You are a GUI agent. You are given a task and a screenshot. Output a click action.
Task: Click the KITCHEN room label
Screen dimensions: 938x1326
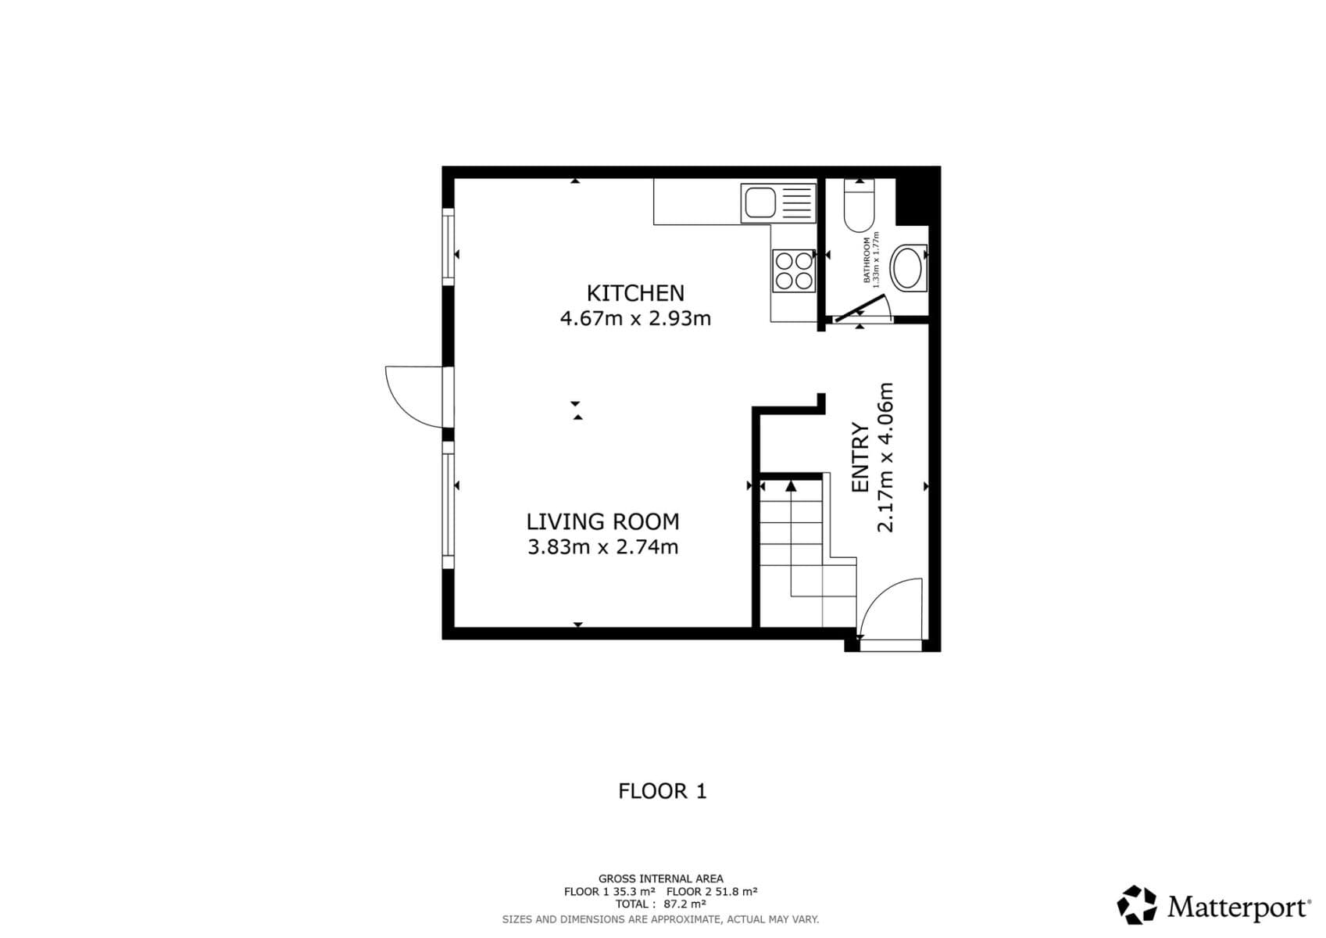point(635,293)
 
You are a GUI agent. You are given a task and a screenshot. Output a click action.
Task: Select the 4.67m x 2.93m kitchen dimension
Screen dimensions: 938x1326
point(635,319)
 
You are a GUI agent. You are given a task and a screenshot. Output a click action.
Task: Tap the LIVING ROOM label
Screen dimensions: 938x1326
point(602,521)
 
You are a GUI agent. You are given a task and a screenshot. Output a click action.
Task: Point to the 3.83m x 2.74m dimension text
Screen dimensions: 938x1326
point(602,547)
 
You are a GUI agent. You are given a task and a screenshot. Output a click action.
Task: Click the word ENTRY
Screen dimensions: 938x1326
point(860,457)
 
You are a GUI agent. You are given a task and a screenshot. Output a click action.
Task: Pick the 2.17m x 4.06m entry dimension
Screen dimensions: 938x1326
point(885,457)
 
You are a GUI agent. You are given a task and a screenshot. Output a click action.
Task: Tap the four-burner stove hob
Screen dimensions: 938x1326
point(793,270)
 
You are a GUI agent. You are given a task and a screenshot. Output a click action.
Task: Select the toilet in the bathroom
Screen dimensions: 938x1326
point(859,206)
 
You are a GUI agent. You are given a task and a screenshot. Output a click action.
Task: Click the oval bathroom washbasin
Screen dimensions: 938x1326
point(908,267)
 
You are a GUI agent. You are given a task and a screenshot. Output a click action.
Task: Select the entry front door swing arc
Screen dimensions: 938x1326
point(891,606)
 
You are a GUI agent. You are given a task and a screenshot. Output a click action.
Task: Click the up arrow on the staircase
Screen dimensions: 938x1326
point(791,486)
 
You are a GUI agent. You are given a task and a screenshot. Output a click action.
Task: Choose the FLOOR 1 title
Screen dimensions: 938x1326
point(662,792)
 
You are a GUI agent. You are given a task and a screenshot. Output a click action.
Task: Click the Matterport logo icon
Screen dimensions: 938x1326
point(1136,905)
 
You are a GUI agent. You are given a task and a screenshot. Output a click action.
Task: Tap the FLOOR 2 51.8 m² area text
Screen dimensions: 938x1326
point(712,892)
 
